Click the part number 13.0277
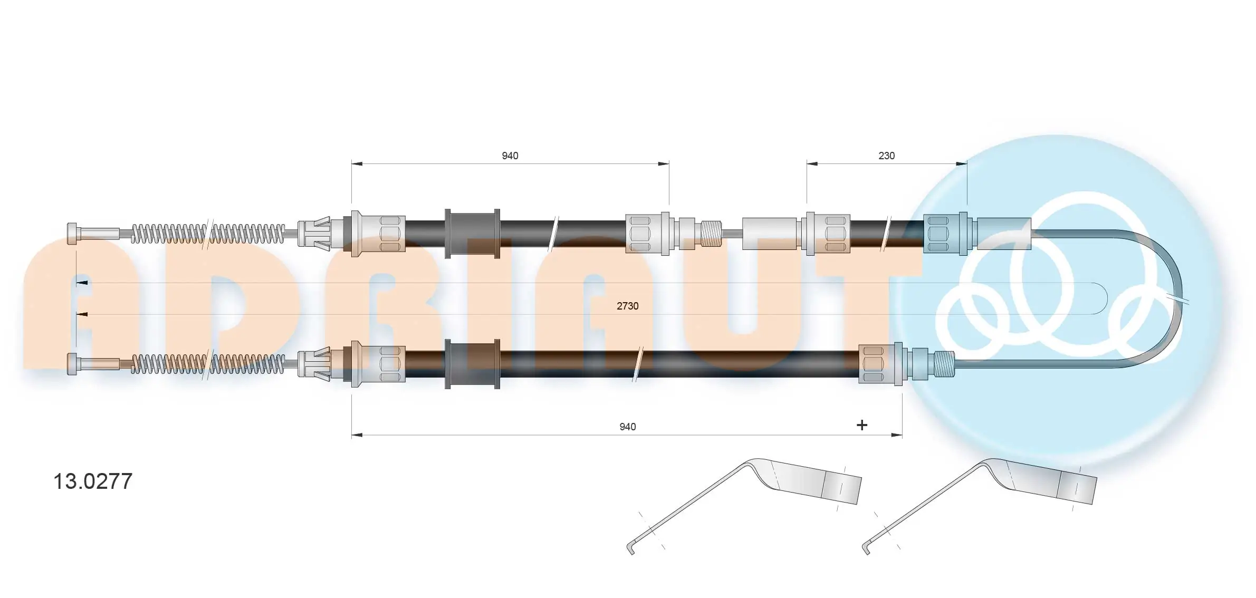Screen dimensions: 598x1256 93,481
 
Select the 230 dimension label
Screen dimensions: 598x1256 886,156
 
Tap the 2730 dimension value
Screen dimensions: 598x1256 627,306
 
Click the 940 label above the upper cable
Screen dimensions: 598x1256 510,156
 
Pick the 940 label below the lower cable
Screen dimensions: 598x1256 627,427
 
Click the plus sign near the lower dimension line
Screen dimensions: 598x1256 861,425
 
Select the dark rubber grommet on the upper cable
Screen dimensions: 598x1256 472,234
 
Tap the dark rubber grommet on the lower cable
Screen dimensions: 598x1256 472,364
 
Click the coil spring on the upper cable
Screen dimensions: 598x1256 208,234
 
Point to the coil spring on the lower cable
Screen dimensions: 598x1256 208,364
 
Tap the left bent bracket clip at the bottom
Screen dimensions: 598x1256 744,501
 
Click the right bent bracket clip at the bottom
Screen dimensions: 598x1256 979,501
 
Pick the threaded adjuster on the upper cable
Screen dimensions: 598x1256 711,234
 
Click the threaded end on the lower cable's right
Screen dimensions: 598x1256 944,364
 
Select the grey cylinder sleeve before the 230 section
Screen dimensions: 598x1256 769,234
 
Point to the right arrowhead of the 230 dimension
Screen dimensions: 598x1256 962,163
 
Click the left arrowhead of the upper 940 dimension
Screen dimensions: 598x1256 357,163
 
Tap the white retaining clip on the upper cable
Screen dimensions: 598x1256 314,234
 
